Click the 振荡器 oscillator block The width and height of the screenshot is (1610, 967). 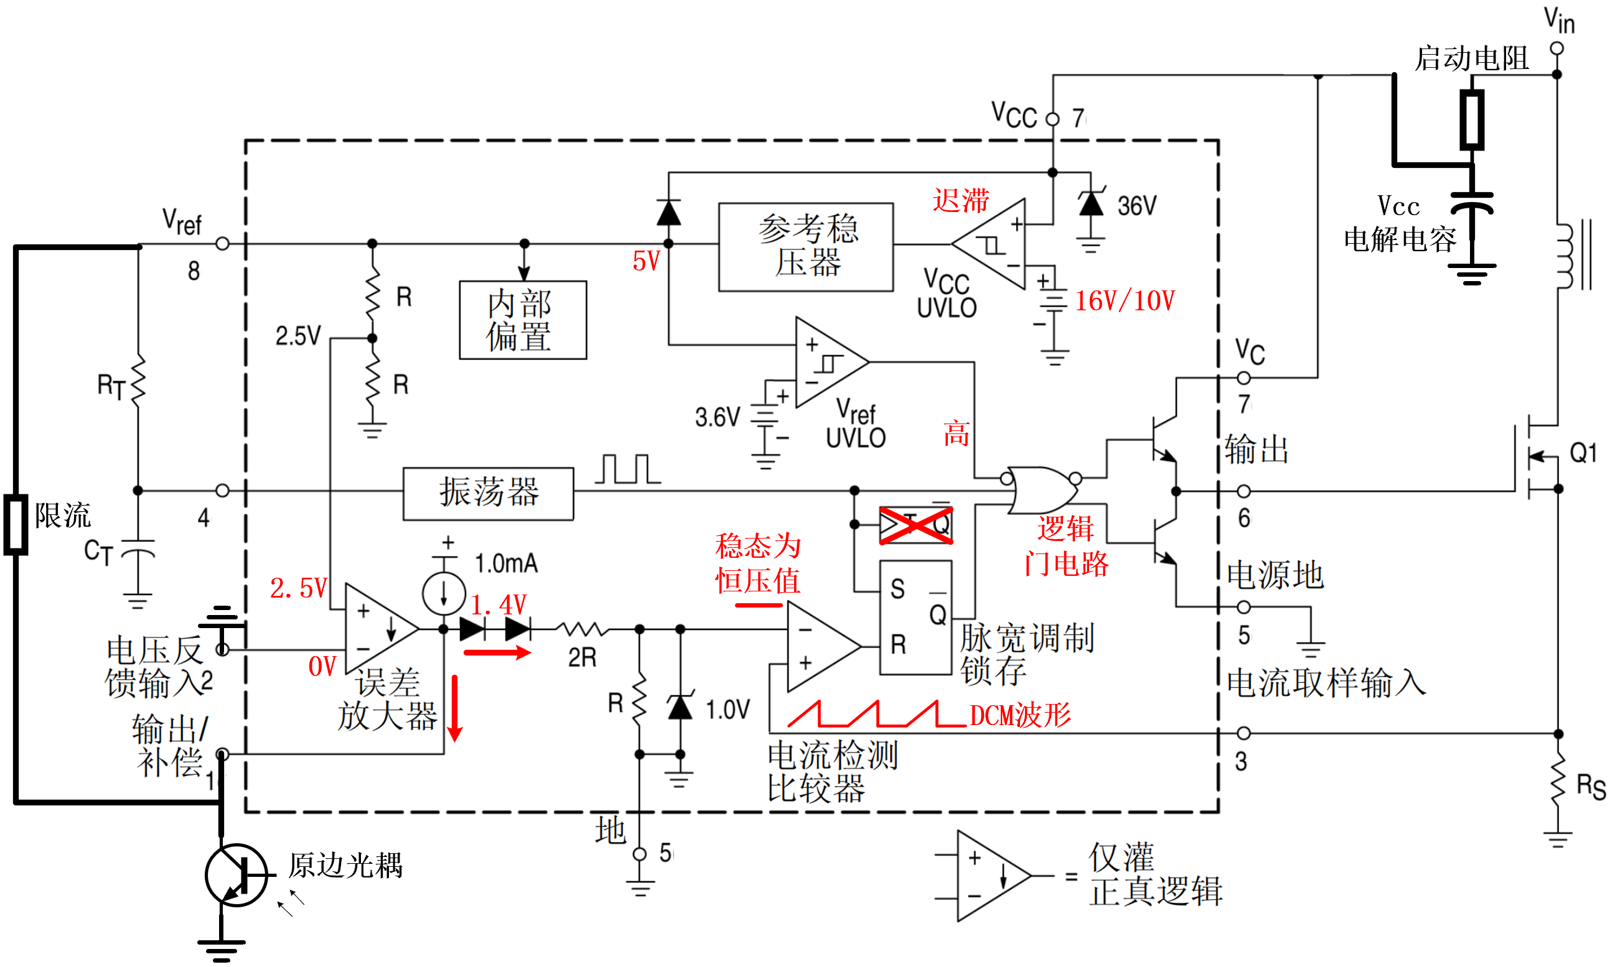point(488,493)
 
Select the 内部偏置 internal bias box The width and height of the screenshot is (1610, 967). point(522,320)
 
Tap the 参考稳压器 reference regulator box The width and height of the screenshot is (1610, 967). point(805,246)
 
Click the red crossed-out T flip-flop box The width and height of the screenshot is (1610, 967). point(915,525)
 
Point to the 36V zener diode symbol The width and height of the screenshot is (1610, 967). point(1090,203)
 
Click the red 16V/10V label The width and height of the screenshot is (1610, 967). point(1124,301)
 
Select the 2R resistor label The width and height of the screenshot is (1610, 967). point(582,657)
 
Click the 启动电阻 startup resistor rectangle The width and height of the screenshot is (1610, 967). point(1471,119)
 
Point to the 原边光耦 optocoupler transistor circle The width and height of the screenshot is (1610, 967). point(236,875)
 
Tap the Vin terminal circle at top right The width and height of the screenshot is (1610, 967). point(1556,49)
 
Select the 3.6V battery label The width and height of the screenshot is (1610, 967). point(718,417)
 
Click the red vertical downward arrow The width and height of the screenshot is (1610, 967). point(455,708)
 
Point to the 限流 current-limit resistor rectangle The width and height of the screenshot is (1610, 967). point(16,525)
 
